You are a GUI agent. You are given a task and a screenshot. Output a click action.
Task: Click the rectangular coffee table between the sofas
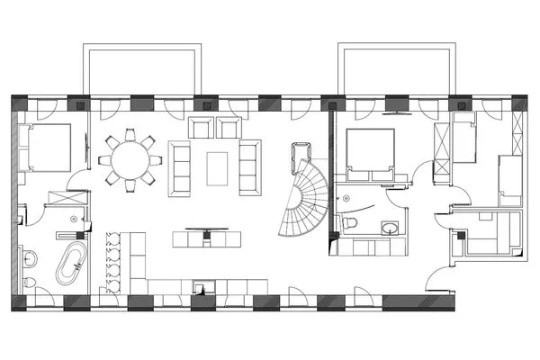click(217, 166)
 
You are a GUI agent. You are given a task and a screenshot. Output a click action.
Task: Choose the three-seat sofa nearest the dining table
click(181, 167)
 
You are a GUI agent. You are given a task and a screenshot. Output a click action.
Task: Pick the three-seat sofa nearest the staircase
click(249, 166)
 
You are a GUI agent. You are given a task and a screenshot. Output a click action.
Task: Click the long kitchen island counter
click(207, 240)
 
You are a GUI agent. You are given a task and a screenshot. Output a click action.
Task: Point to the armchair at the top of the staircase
click(299, 157)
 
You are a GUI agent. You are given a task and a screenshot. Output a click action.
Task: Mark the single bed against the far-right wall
click(509, 180)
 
